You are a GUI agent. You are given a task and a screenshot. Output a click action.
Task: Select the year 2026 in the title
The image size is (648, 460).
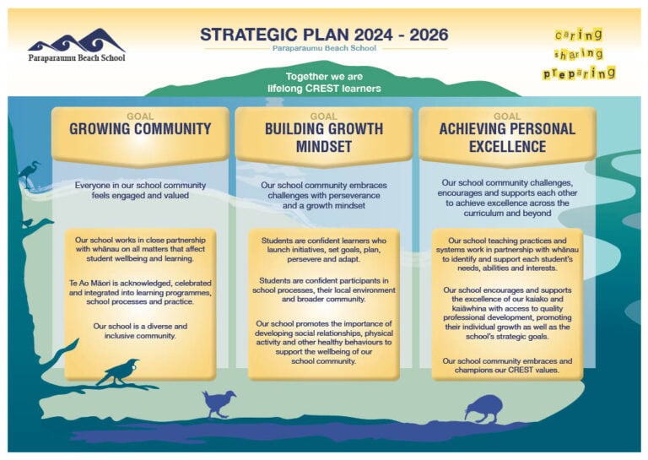[429, 35]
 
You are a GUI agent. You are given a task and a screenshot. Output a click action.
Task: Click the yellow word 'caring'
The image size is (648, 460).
[579, 35]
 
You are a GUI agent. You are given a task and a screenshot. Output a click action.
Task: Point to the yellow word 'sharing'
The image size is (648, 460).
[579, 54]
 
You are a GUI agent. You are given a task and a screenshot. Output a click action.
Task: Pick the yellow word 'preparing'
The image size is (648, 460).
[579, 73]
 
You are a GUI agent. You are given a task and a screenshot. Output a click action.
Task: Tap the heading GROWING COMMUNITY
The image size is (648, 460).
[140, 129]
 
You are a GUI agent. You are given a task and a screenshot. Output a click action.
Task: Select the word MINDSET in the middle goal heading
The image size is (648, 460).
[324, 146]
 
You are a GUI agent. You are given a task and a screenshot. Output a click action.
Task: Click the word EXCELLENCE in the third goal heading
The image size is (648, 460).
[507, 146]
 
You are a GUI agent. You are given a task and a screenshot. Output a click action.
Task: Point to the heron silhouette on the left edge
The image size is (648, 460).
[29, 175]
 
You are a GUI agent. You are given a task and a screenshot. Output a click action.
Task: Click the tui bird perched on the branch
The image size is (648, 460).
[119, 372]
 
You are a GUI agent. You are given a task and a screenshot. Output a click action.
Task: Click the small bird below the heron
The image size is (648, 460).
[28, 223]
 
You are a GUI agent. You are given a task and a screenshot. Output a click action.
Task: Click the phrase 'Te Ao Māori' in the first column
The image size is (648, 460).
[89, 284]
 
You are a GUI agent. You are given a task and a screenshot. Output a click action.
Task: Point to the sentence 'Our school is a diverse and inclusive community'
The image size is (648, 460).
[140, 331]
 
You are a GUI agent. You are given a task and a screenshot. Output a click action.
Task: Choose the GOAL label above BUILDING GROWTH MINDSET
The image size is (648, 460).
[324, 116]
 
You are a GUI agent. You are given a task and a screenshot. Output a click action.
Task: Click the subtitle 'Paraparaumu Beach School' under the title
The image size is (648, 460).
[324, 48]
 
